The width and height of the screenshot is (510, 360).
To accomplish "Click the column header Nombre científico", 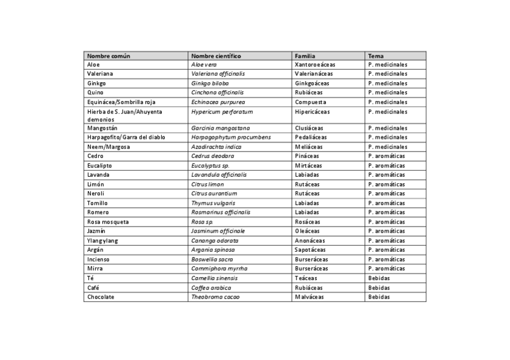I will click(x=216, y=56).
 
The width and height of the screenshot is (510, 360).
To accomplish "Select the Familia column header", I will click(x=305, y=56).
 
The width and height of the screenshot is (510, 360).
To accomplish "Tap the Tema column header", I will click(x=376, y=56).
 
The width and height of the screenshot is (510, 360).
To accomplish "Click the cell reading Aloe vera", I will click(x=204, y=64).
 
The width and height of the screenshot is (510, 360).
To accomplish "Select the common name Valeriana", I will click(x=100, y=73).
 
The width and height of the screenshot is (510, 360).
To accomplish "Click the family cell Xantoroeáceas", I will click(x=315, y=64).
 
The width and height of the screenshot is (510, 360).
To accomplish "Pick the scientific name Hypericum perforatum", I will click(x=222, y=112).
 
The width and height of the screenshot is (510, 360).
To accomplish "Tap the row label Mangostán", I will click(x=102, y=128).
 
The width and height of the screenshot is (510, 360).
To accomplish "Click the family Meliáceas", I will click(x=309, y=147).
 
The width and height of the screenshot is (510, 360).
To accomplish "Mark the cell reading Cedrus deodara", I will click(x=212, y=156).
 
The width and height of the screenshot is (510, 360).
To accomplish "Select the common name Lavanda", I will click(x=98, y=175).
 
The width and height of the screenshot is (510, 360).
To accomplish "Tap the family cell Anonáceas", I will click(x=310, y=240).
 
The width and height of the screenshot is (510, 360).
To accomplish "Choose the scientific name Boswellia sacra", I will click(x=212, y=259).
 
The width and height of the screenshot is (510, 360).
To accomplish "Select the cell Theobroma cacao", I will click(x=215, y=297).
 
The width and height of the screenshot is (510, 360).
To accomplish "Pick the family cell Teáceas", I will click(x=307, y=278).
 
